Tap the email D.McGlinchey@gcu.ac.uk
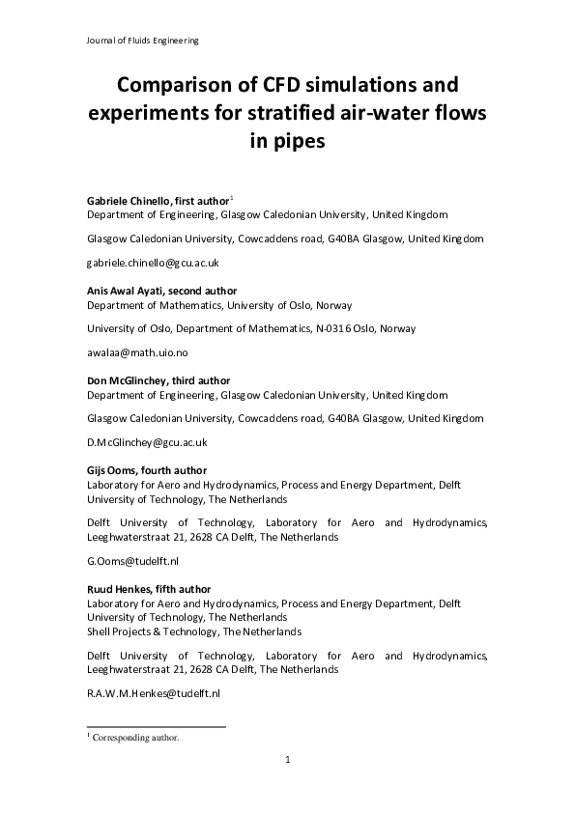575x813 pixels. point(148,442)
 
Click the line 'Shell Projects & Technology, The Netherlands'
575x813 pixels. point(193,631)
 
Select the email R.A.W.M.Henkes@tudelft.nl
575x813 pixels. point(154,693)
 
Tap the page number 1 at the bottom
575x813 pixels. point(288,761)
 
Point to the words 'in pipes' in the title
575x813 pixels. point(287,143)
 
